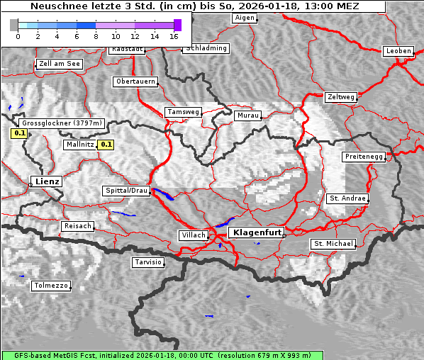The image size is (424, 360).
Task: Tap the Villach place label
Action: [x=193, y=235]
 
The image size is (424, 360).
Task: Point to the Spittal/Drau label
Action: [x=126, y=191]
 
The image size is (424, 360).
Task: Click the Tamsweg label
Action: [x=183, y=112]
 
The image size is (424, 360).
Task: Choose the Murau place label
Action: [x=248, y=115]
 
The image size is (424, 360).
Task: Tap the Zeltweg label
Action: [x=341, y=96]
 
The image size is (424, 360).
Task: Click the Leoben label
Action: [x=397, y=51]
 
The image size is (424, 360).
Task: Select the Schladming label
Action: [x=206, y=48]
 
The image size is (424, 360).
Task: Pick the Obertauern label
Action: [x=135, y=81]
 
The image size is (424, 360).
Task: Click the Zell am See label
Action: [x=59, y=64]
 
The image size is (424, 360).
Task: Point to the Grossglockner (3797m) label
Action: [x=62, y=123]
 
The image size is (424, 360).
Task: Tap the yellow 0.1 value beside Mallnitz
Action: [x=106, y=145]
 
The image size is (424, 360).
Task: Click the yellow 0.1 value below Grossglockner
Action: [x=20, y=133]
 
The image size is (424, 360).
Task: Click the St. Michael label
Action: [x=333, y=244]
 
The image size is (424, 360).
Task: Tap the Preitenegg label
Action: [x=364, y=156]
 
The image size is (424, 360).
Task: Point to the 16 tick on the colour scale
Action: [x=174, y=35]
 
